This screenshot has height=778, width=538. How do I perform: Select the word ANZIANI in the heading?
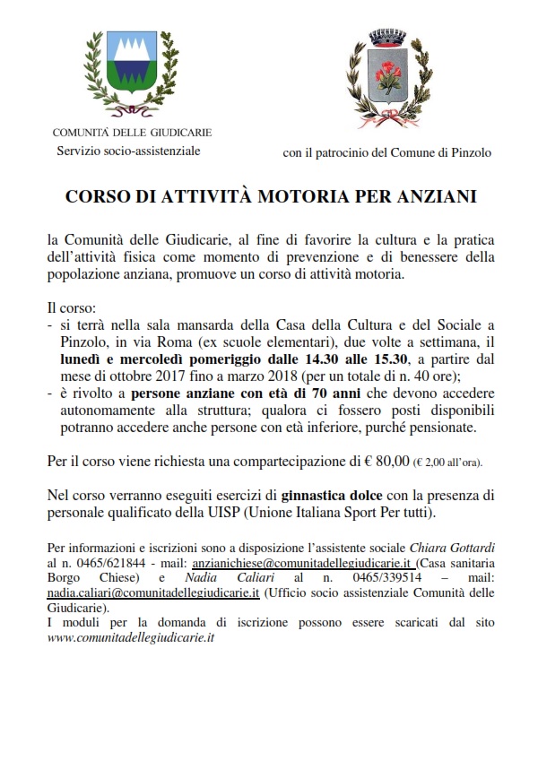point(430,195)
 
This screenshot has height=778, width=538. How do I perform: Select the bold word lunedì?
point(76,359)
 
